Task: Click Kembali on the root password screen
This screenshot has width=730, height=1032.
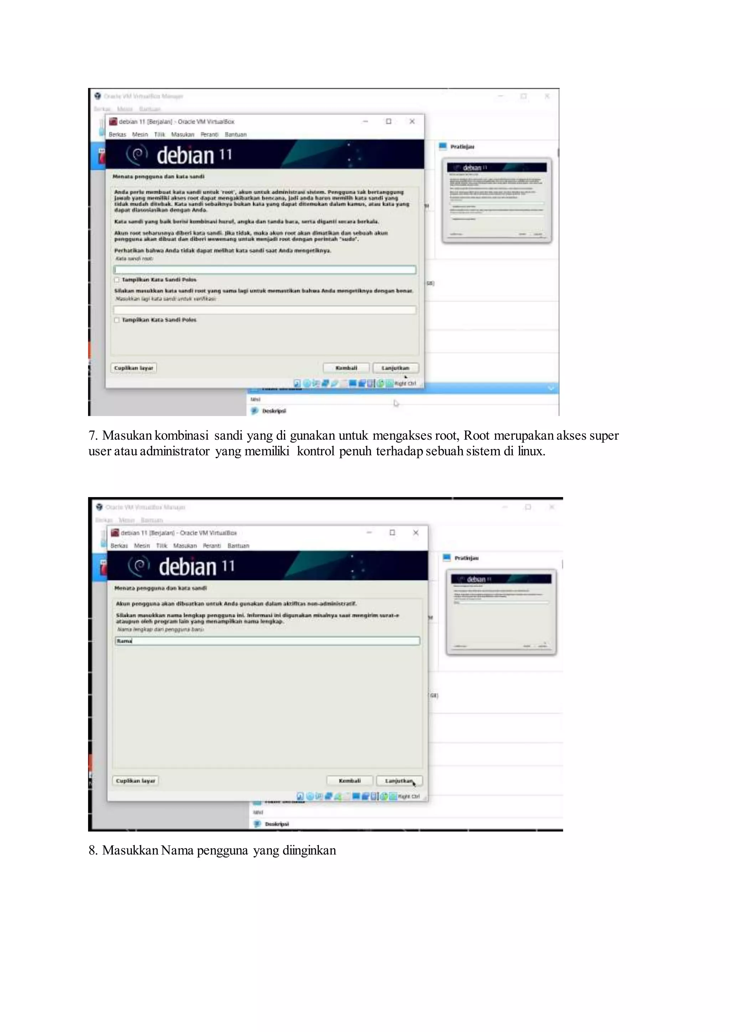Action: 346,368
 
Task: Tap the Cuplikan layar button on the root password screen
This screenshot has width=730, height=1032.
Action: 134,368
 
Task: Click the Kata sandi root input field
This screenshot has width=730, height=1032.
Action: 265,270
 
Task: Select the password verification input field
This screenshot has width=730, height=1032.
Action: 265,310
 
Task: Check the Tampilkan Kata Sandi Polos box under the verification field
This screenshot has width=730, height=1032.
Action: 117,320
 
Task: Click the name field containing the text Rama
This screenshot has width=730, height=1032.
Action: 267,641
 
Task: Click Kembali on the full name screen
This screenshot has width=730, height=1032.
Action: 350,781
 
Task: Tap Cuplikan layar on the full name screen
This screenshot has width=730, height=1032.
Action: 135,781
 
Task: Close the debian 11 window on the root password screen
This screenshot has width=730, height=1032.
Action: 412,122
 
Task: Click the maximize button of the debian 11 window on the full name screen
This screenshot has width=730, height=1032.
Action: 392,533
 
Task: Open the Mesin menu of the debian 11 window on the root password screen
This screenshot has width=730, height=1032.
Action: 140,134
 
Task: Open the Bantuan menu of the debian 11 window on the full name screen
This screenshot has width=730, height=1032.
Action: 238,546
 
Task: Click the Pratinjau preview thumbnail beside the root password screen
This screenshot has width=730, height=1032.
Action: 497,201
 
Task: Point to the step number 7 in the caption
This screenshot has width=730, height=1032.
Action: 92,435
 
